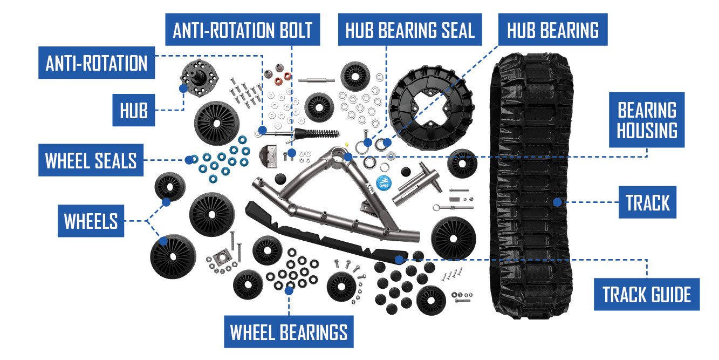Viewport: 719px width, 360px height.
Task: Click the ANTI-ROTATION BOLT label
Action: tap(243, 30)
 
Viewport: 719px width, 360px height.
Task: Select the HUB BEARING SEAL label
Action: tap(410, 30)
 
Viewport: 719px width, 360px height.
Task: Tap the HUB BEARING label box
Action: tap(553, 30)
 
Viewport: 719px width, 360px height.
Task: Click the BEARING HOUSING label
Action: tap(647, 120)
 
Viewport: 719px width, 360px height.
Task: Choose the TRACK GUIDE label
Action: tap(646, 295)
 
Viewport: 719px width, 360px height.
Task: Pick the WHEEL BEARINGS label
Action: tap(289, 332)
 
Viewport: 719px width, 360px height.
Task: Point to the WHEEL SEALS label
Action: tap(91, 160)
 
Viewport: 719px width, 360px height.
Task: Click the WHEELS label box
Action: tap(91, 221)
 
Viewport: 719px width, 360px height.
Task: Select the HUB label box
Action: tap(133, 111)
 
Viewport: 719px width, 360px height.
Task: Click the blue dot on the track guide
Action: tap(399, 260)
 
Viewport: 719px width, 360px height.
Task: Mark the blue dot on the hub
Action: tap(183, 87)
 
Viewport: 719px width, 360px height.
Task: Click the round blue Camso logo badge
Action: tap(384, 182)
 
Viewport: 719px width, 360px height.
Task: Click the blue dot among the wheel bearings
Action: tap(289, 290)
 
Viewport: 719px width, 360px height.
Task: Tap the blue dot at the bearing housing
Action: tap(348, 157)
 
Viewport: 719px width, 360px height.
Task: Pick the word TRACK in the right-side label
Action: tap(647, 203)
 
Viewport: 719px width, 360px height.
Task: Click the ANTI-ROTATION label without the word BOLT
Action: tap(97, 63)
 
